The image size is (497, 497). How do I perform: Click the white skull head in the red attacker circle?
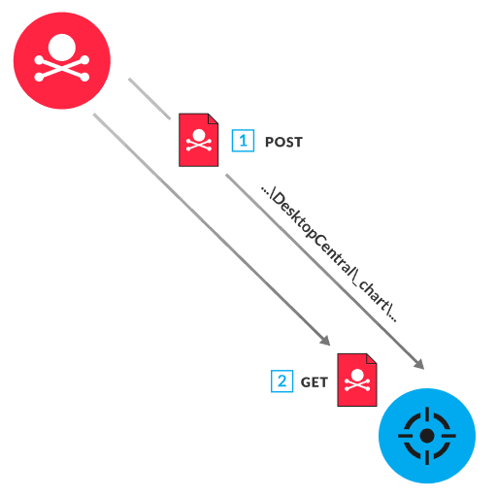(x=61, y=46)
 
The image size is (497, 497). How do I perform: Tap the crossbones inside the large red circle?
(x=61, y=68)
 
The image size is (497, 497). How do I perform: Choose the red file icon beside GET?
(x=356, y=380)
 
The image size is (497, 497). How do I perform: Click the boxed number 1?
(x=242, y=141)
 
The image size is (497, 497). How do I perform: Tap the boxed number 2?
(x=282, y=381)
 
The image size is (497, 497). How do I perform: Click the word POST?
(x=283, y=142)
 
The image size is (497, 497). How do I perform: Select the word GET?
(x=314, y=382)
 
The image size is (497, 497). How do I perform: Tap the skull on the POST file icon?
(x=199, y=137)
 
